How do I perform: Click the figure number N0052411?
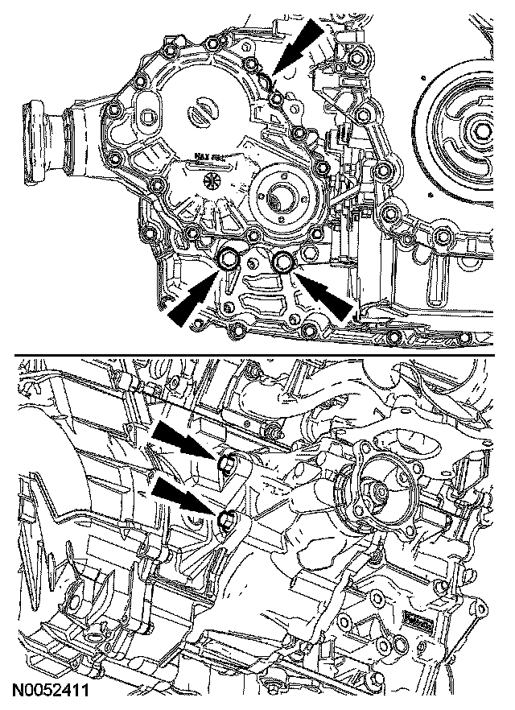tap(49, 691)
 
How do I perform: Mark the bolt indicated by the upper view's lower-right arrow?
tap(283, 260)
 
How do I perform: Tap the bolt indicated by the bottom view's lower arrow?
tap(226, 518)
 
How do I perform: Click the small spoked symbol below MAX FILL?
tap(213, 180)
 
